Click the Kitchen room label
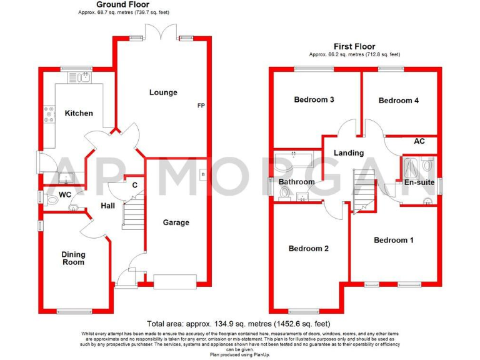tap(79, 113)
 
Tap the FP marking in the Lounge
tap(201, 105)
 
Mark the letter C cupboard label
tap(134, 184)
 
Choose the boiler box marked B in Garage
tap(202, 174)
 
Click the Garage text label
tap(176, 222)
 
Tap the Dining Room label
tap(73, 258)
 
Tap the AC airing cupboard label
tap(419, 141)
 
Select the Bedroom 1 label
tap(393, 240)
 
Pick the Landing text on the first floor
tap(348, 153)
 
